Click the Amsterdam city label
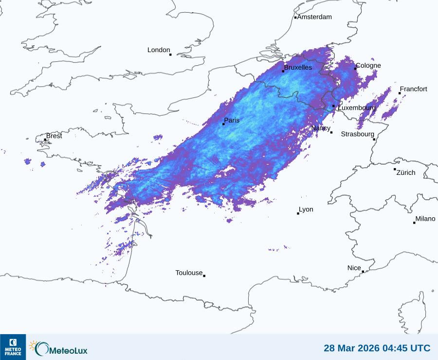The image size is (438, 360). [x=314, y=17]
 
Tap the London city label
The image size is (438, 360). [x=159, y=50]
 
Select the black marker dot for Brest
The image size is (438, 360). [x=45, y=139]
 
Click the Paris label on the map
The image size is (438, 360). [x=232, y=120]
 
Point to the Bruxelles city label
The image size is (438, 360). [x=298, y=68]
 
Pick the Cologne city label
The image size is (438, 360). [x=368, y=66]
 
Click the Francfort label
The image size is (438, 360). [x=413, y=89]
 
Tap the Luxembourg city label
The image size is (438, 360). [x=356, y=108]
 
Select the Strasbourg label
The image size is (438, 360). [x=357, y=134]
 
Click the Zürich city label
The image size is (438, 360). [x=406, y=172]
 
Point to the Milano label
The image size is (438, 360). [x=425, y=219]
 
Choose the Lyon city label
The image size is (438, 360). [x=306, y=209]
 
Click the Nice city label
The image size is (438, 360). [x=354, y=268]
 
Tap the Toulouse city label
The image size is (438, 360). [x=189, y=273]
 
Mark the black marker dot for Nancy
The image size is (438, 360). [x=331, y=132]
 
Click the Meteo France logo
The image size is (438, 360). [x=13, y=347]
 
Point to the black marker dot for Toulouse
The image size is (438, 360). [x=204, y=276]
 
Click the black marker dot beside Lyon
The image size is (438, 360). [x=298, y=213]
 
